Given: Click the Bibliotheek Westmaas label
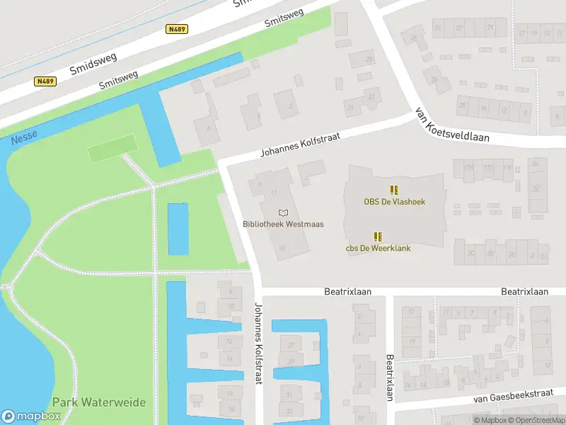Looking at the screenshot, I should [283, 224].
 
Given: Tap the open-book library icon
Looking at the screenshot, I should [284, 212].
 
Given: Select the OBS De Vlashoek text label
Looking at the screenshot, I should [395, 202].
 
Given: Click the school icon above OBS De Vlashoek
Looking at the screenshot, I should [394, 189].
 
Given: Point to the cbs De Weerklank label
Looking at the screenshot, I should [378, 248].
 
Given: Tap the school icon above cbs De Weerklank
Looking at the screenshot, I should [379, 236].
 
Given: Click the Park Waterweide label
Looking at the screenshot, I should [99, 402].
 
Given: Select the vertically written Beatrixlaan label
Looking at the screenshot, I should [389, 378].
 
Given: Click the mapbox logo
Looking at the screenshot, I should [30, 416].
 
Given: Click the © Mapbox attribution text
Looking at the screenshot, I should [491, 421].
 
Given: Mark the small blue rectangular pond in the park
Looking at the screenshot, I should [178, 229].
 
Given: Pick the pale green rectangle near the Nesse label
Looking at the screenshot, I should [111, 147].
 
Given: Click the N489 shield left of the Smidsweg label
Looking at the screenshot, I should [45, 81].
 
